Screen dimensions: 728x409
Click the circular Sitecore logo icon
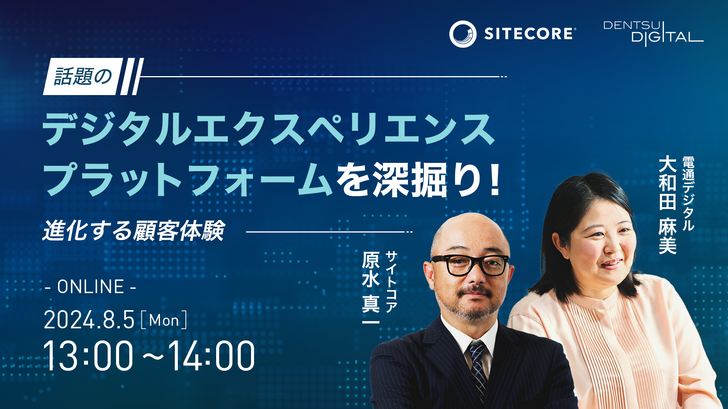tap(463, 34)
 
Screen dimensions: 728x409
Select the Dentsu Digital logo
tap(653, 34)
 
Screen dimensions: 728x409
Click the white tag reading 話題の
tap(83, 76)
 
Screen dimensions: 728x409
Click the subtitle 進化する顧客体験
tap(133, 230)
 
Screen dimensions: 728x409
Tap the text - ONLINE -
tap(90, 287)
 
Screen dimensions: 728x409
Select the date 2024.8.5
tap(89, 320)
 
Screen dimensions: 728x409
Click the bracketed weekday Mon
tap(164, 320)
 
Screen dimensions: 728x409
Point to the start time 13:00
tap(88, 356)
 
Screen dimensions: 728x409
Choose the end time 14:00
tap(212, 356)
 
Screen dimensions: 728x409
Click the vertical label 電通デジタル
tap(688, 194)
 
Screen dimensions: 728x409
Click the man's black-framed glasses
tap(470, 265)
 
